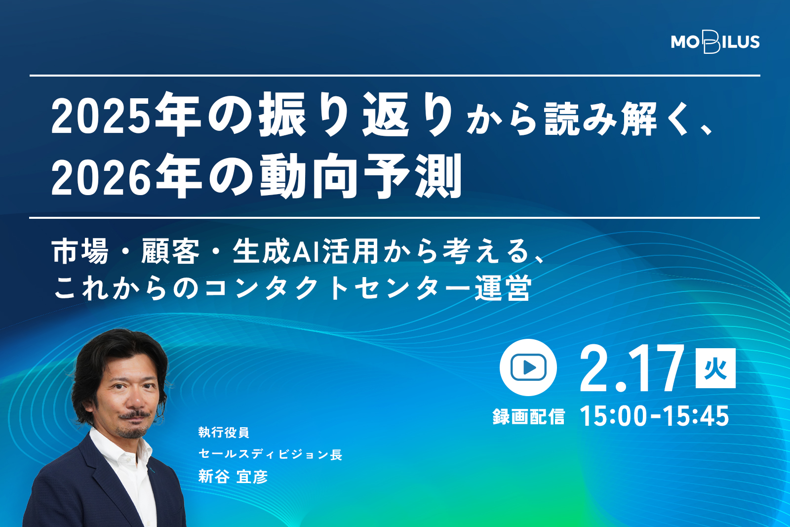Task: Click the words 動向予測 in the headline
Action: [x=361, y=176]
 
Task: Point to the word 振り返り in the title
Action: [x=355, y=115]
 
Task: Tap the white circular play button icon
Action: [x=528, y=367]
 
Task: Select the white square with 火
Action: [x=715, y=368]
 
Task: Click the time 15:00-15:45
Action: [x=655, y=416]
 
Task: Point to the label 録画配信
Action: [x=529, y=416]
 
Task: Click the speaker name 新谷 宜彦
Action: [x=233, y=477]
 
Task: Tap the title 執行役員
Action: [x=224, y=432]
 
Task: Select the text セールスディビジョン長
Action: [x=270, y=454]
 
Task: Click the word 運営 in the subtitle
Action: [x=502, y=287]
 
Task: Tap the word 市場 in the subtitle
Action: [x=80, y=251]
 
